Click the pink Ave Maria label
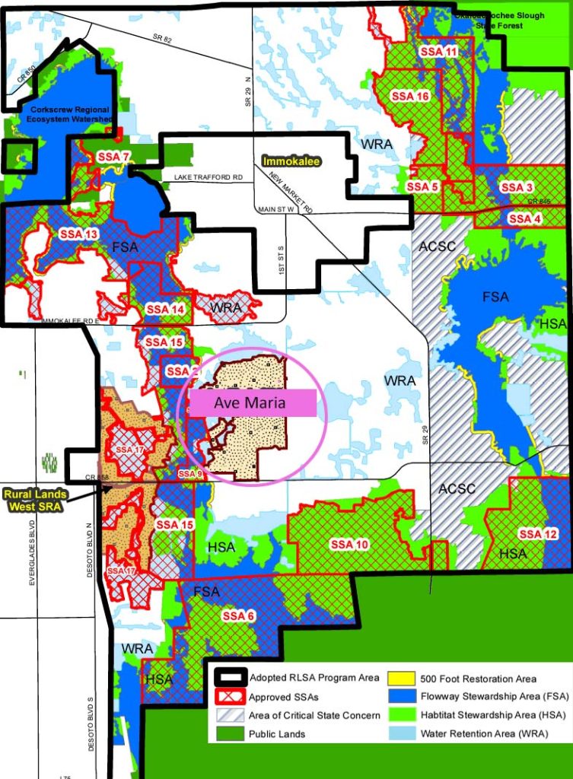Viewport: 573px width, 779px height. (x=252, y=403)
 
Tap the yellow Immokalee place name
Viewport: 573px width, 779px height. (x=291, y=161)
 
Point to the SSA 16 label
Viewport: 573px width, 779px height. (x=410, y=97)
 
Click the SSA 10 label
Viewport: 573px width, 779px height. (x=349, y=545)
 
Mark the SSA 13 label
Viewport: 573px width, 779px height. (x=78, y=234)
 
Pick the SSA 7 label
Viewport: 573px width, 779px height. (x=114, y=157)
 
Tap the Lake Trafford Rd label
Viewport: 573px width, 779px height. (x=208, y=177)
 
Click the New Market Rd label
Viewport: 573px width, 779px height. (x=291, y=192)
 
